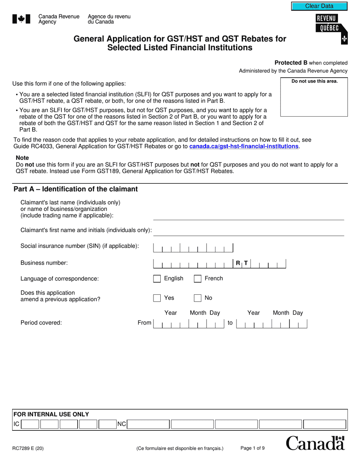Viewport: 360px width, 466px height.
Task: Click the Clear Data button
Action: (319, 6)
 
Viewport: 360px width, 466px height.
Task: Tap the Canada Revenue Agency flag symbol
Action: (21, 19)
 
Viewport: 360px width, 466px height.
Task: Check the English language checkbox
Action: (157, 279)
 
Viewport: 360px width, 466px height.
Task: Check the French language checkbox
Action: (197, 279)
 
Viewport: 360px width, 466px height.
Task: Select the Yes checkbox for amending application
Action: (157, 298)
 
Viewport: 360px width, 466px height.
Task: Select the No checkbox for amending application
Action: (197, 298)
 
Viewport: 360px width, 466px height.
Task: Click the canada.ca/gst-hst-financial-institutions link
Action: (244, 146)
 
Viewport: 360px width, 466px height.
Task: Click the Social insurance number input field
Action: (193, 247)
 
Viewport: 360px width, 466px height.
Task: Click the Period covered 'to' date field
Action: (271, 324)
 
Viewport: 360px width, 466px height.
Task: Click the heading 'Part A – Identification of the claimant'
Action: (76, 189)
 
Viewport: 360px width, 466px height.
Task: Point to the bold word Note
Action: (22, 158)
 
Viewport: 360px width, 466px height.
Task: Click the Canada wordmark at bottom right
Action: (315, 443)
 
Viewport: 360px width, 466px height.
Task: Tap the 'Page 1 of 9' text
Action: (252, 448)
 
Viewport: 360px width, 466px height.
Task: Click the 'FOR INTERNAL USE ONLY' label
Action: (51, 414)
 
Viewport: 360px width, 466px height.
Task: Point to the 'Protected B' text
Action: (291, 63)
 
